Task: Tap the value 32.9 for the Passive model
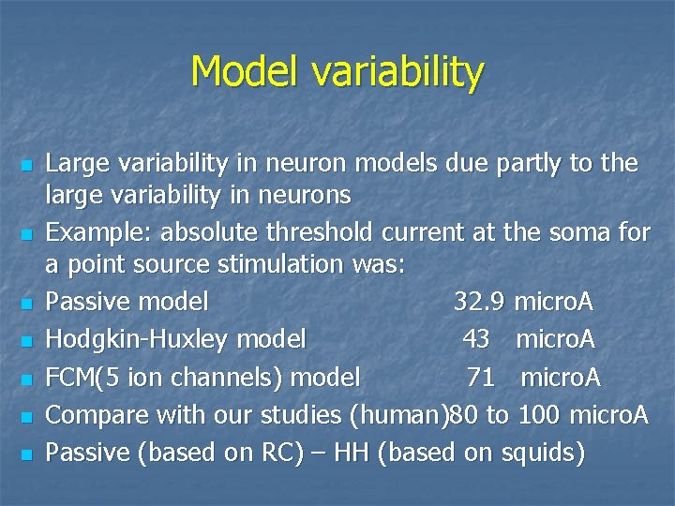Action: click(479, 302)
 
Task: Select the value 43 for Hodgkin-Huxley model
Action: click(475, 339)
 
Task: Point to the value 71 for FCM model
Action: click(481, 377)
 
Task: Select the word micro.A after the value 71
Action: click(561, 377)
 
